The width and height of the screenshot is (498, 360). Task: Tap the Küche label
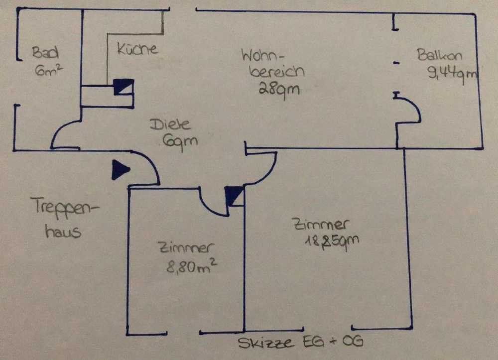click(x=137, y=49)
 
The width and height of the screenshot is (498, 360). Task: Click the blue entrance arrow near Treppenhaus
click(x=120, y=169)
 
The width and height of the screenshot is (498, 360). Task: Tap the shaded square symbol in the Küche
click(x=123, y=88)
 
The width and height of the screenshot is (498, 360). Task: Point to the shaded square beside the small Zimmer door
click(x=233, y=196)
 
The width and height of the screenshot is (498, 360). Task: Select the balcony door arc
click(x=411, y=111)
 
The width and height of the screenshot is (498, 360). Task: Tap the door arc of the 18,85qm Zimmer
click(x=264, y=169)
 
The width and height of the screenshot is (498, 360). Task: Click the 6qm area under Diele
click(x=179, y=141)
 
